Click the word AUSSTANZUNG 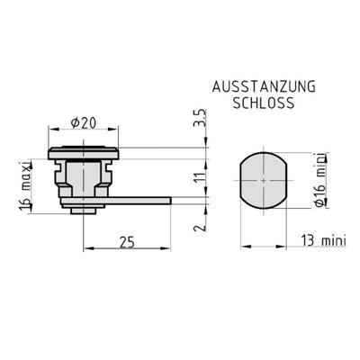264,86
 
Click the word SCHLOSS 264,103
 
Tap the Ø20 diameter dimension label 84,122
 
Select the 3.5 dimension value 201,118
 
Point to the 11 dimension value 201,178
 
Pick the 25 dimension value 127,242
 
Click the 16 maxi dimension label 26,185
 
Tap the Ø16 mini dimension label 320,181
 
